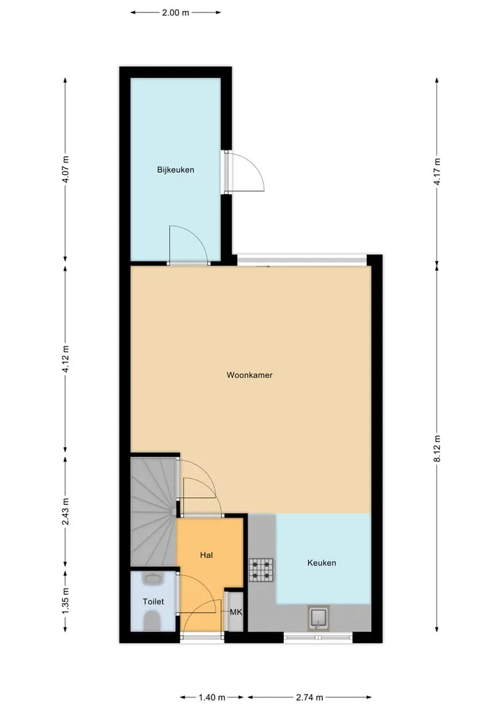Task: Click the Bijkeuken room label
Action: [176, 169]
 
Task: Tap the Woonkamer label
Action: [250, 375]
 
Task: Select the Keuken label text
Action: [321, 563]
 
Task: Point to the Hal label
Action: [206, 555]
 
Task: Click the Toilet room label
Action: [153, 602]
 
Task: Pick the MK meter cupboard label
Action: [236, 612]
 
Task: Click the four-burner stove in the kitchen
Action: [261, 570]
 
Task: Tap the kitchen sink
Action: [319, 618]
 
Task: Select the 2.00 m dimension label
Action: [176, 13]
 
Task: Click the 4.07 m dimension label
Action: [66, 169]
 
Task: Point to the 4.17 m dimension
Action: [437, 172]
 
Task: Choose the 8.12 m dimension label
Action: [437, 448]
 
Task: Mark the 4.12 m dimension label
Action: [66, 359]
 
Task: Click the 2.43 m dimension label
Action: [66, 512]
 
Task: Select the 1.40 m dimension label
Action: [212, 697]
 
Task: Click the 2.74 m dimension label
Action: [310, 697]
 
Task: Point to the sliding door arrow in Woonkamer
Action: [263, 266]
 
